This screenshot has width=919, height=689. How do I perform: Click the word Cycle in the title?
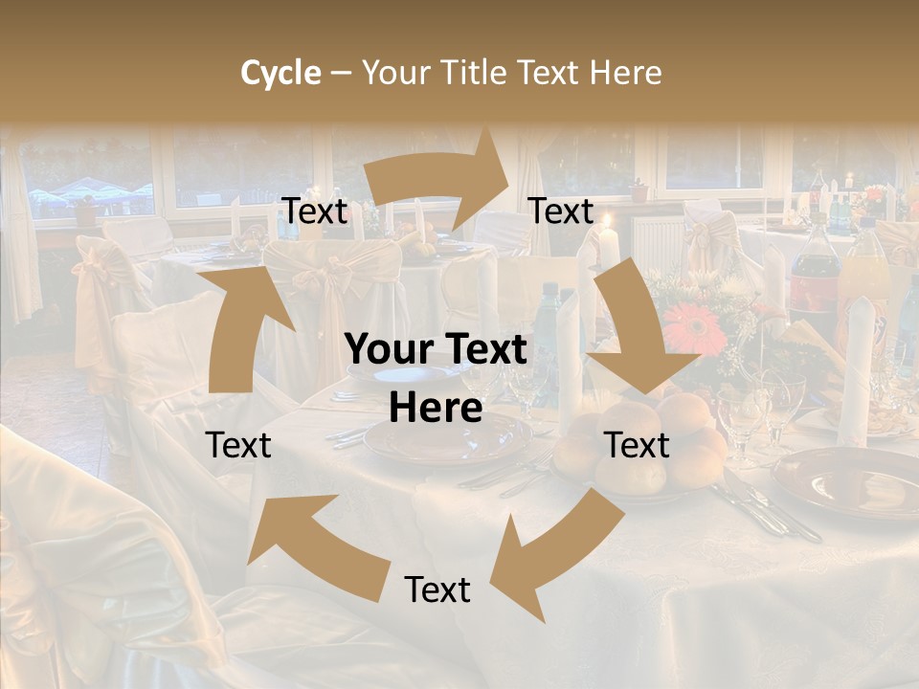click(x=280, y=73)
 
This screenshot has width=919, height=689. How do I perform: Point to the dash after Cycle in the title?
click(x=340, y=74)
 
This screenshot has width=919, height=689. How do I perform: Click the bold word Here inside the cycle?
click(x=436, y=408)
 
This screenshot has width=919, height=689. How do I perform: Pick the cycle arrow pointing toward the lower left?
click(x=555, y=555)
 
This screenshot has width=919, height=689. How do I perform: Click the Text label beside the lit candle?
click(x=561, y=211)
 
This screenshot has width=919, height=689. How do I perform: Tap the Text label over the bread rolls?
click(x=637, y=445)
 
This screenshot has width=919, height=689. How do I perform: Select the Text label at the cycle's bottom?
click(x=437, y=589)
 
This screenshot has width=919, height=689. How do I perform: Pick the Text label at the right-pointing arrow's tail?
click(x=315, y=211)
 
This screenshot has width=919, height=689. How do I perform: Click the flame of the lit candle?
click(x=605, y=223)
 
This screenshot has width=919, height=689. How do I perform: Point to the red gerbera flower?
click(x=693, y=328)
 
